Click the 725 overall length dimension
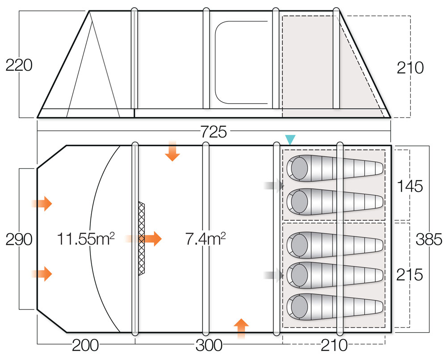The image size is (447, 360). (214, 132)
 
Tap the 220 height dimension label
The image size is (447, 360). (19, 66)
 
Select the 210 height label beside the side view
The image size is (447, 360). (410, 68)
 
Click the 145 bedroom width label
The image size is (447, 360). (409, 185)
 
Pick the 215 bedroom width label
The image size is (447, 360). (409, 275)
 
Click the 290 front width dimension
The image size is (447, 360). (19, 239)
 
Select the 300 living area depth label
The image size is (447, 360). (209, 345)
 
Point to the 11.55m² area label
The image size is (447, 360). (85, 239)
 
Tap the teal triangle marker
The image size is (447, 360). (290, 140)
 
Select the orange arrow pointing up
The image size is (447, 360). (241, 328)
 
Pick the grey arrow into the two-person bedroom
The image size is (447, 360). (274, 185)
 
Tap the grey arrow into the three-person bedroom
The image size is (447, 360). (274, 276)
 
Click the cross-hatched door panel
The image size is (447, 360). (142, 239)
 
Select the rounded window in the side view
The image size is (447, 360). (241, 62)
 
